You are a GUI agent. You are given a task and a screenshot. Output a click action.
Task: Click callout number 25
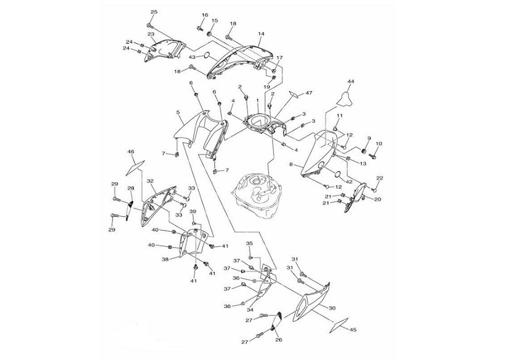click(154, 12)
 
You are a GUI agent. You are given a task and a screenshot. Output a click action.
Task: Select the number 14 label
click(261, 34)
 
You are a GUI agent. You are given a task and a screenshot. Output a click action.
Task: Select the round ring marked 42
click(336, 174)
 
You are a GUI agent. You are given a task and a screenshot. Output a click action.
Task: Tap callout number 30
click(332, 308)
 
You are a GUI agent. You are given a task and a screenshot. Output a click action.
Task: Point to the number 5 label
click(178, 112)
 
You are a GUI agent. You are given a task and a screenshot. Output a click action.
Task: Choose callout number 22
click(380, 178)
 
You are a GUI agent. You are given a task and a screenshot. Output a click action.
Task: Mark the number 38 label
click(166, 259)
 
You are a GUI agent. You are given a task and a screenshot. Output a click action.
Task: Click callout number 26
click(279, 340)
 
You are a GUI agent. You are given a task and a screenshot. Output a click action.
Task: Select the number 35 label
click(250, 244)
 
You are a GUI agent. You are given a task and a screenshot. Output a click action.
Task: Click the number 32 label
click(150, 181)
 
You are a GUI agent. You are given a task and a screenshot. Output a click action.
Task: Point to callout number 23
click(151, 35)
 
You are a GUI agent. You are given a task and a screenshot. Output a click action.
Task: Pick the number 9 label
click(368, 138)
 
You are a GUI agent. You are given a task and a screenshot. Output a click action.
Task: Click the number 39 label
click(192, 211)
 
